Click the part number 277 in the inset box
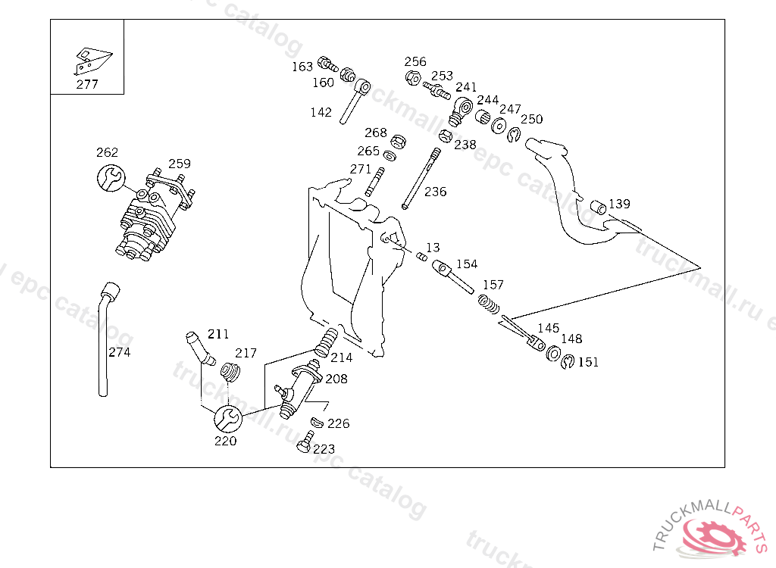click(87, 84)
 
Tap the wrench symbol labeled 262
click(111, 178)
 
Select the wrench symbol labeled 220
click(228, 419)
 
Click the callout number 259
click(179, 164)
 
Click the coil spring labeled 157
click(489, 304)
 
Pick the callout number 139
click(619, 204)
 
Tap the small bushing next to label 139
click(599, 207)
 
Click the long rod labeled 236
click(421, 178)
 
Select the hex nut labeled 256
click(413, 78)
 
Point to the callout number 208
click(336, 379)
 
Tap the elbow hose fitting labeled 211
click(199, 348)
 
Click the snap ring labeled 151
click(568, 362)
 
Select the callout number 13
click(433, 248)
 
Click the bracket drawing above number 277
click(92, 61)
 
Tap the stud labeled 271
click(375, 182)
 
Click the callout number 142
click(321, 113)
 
